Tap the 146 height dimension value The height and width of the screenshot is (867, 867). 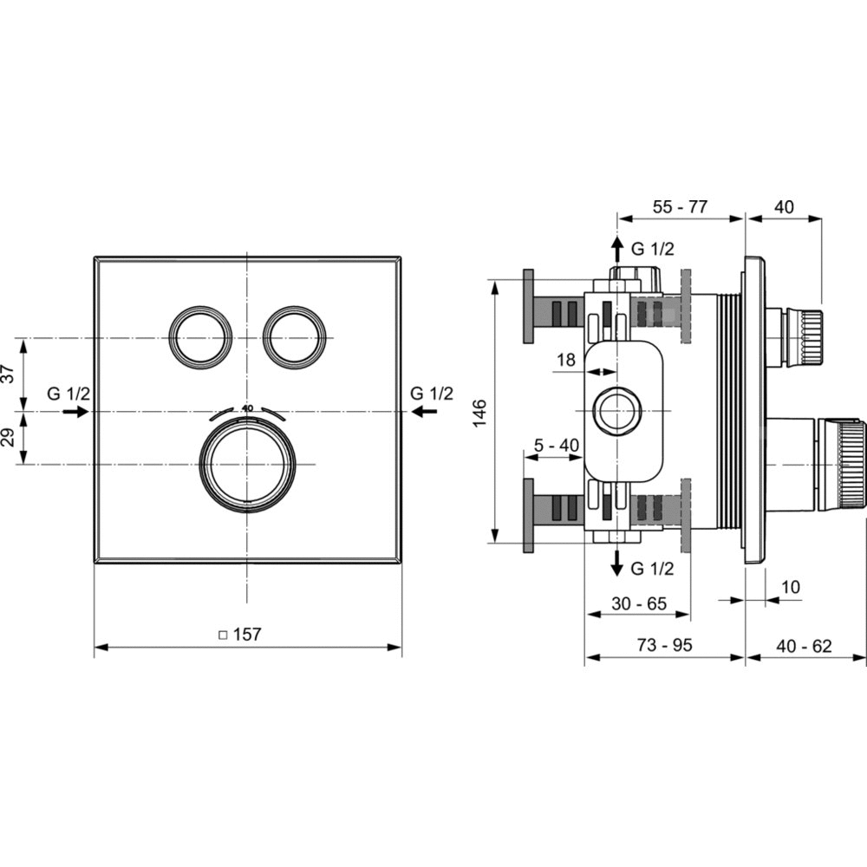coord(479,412)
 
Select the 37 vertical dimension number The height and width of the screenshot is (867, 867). coord(9,374)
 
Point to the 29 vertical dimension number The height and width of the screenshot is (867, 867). coord(9,437)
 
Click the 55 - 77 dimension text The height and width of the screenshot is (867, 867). coord(680,207)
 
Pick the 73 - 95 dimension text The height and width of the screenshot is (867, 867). coord(665,645)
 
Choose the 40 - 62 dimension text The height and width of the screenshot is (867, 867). coord(804,645)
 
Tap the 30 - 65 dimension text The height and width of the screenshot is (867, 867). coord(640,603)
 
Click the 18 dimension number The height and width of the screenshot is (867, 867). coord(566,360)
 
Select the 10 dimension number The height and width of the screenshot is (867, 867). coord(792,587)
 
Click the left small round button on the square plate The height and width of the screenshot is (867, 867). coord(198,337)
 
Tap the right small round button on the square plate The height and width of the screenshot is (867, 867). coord(292,337)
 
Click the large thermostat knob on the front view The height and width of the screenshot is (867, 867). coord(247,465)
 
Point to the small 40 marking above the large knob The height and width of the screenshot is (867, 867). coord(247,408)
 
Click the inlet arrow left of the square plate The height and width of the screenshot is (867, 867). coord(75,411)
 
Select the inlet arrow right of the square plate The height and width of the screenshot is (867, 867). coord(424,411)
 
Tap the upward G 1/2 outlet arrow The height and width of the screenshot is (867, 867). coord(617,250)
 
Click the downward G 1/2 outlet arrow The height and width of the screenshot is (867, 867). coord(617,563)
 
